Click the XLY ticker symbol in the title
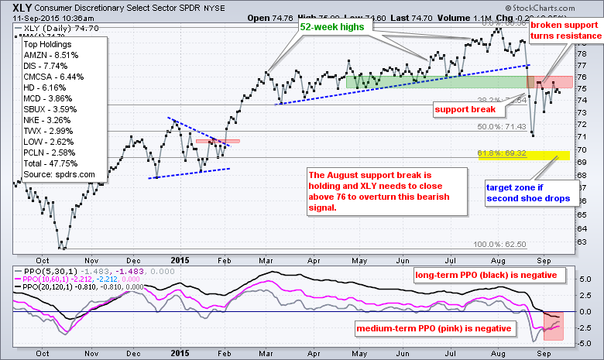tap(15, 5)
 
